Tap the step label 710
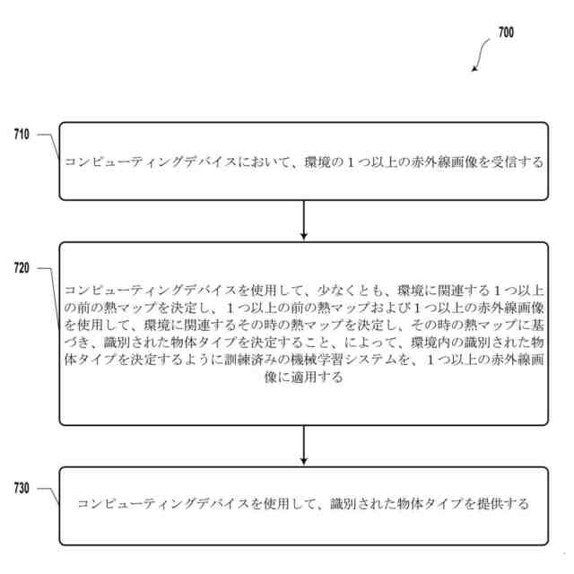click(x=22, y=135)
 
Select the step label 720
click(x=22, y=268)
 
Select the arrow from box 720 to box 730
click(x=304, y=446)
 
